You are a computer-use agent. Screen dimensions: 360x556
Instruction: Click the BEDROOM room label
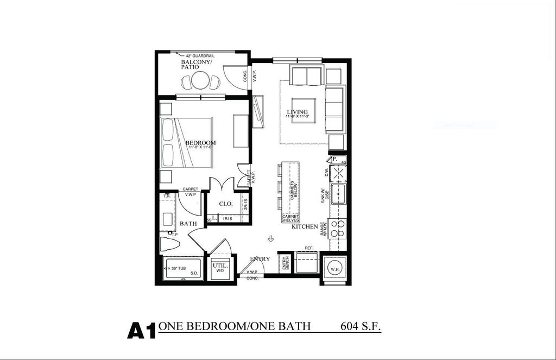pyautogui.click(x=200, y=143)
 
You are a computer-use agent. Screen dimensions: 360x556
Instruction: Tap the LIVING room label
pyautogui.click(x=297, y=112)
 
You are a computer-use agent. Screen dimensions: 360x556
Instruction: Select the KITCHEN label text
pyautogui.click(x=305, y=226)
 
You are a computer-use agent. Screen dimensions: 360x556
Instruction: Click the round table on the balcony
pyautogui.click(x=200, y=81)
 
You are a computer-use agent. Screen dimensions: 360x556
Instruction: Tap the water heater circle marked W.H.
pyautogui.click(x=334, y=268)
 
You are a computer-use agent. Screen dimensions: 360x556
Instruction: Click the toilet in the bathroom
pyautogui.click(x=170, y=244)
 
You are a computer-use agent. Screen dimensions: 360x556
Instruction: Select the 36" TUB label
pyautogui.click(x=177, y=268)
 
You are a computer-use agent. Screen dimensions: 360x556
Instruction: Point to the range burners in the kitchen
pyautogui.click(x=338, y=228)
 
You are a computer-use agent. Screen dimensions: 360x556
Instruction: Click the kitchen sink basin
pyautogui.click(x=339, y=193)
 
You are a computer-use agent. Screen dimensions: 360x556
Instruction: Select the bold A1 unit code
pyautogui.click(x=141, y=330)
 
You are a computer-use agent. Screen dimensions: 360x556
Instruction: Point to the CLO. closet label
pyautogui.click(x=226, y=204)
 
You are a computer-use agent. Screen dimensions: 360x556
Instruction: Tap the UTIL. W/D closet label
pyautogui.click(x=220, y=267)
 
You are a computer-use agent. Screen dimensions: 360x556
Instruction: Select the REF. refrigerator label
pyautogui.click(x=309, y=248)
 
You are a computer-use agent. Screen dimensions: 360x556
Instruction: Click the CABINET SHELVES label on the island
pyautogui.click(x=290, y=218)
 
